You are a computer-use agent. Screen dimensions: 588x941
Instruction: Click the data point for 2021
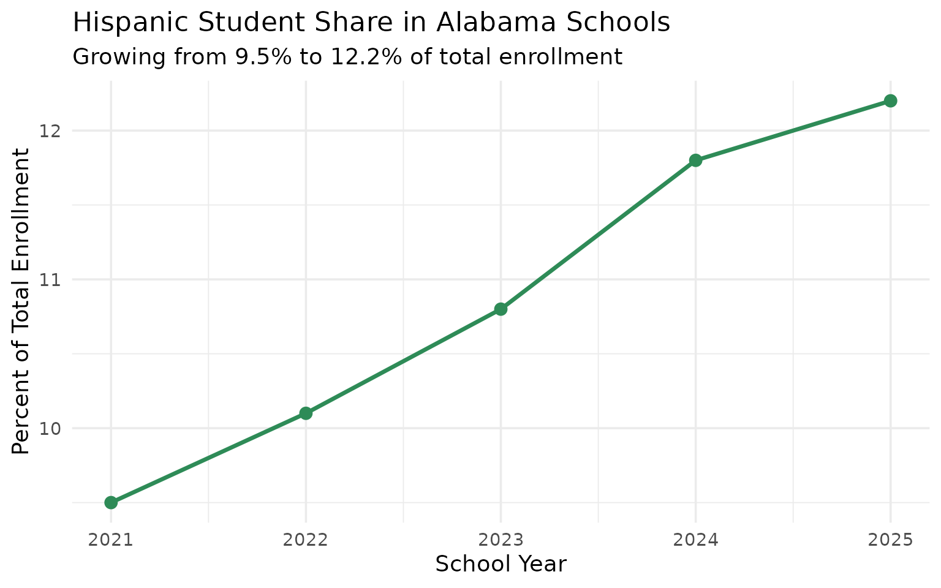click(111, 502)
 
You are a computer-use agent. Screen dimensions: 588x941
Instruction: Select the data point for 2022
click(306, 413)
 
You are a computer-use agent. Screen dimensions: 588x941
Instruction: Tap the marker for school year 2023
click(501, 309)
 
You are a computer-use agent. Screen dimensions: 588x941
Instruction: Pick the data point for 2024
click(695, 160)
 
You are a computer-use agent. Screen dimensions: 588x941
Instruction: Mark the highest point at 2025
click(890, 100)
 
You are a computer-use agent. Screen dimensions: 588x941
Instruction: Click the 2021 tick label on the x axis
click(111, 540)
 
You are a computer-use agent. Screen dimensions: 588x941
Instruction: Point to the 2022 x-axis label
click(306, 540)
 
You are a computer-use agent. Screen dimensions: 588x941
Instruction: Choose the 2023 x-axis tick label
click(501, 540)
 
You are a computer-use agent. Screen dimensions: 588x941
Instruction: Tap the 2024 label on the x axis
click(695, 540)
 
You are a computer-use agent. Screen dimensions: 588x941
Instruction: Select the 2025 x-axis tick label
click(890, 540)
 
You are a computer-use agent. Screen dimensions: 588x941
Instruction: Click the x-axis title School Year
click(501, 564)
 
